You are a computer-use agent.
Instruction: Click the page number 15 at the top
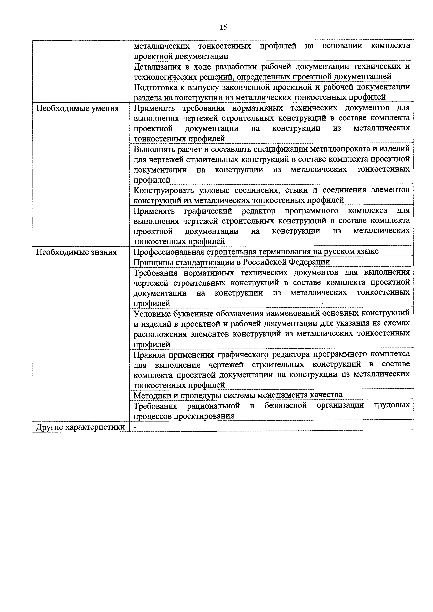pyautogui.click(x=223, y=27)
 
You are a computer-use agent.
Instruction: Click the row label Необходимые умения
pyautogui.click(x=77, y=109)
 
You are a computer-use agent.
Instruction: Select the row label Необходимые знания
pyautogui.click(x=76, y=252)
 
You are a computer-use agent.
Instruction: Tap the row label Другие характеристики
pyautogui.click(x=80, y=427)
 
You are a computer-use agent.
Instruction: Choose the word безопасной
pyautogui.click(x=285, y=406)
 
